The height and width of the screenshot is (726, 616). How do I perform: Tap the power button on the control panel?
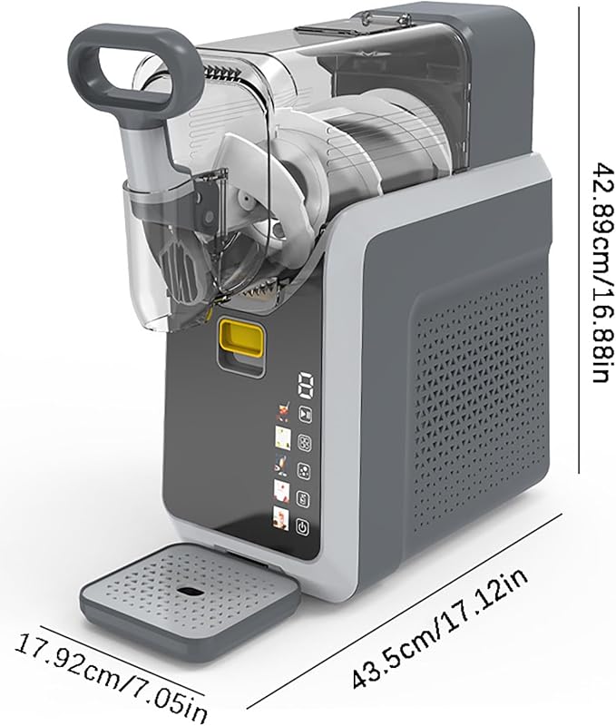pos(302,527)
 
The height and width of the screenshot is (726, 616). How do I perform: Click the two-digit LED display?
pos(306,385)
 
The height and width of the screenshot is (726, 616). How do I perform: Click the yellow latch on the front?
pos(240,338)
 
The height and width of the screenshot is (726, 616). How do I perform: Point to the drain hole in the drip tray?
pos(189,592)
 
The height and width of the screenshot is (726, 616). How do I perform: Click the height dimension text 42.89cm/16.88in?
pos(602,271)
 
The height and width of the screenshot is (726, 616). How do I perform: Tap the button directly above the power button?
pos(303,500)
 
